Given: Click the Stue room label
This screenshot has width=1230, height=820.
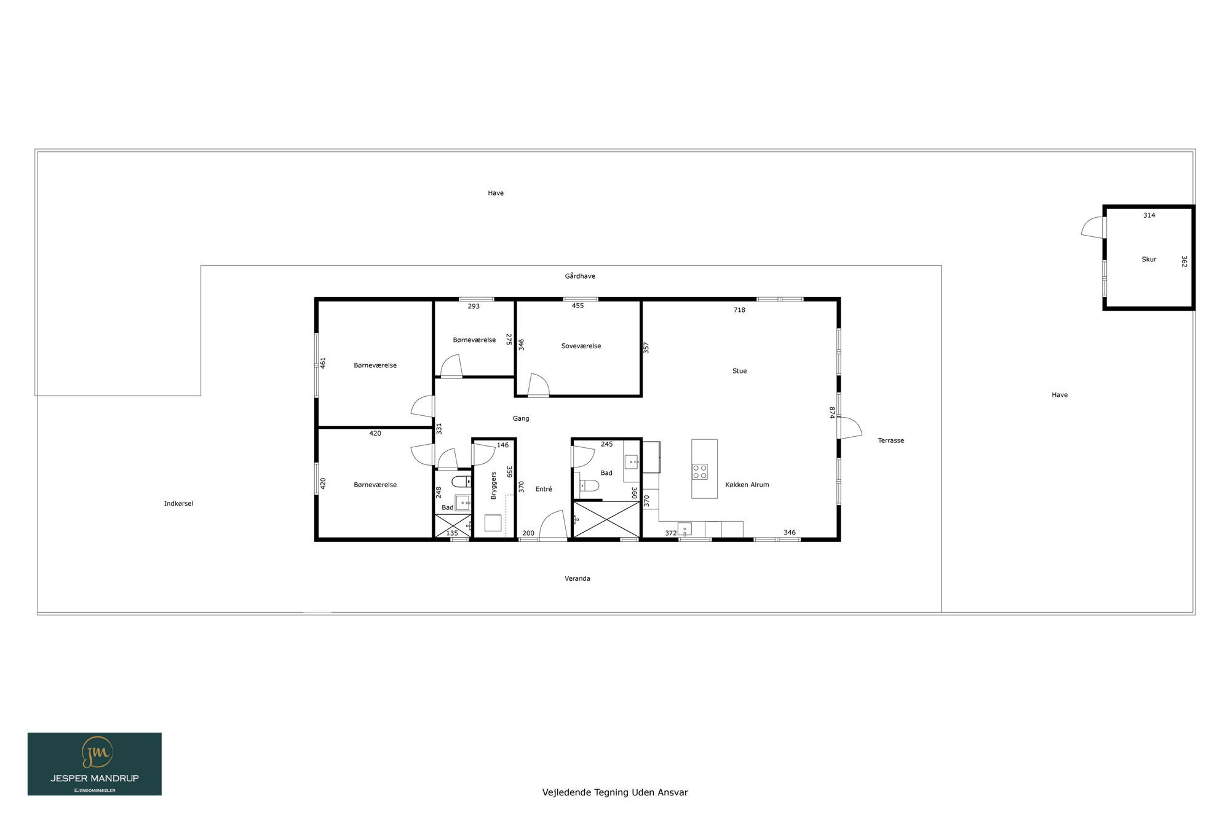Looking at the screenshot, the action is [739, 371].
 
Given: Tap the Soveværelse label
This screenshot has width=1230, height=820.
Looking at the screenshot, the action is [581, 346].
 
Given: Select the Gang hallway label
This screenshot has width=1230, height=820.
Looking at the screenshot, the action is [521, 419].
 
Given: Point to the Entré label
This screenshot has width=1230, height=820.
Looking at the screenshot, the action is [544, 489].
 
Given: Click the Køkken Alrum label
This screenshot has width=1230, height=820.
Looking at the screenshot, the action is [747, 485].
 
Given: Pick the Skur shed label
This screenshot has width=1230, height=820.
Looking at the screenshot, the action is [1149, 260].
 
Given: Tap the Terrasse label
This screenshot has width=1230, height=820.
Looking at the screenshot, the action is [891, 440].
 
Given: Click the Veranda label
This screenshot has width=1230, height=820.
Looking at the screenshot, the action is [577, 578].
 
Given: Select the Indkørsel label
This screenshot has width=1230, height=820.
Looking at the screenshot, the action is [178, 504].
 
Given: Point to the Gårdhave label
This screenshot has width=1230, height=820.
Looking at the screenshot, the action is [580, 276].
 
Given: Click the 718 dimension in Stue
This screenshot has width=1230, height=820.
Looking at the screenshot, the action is [739, 310].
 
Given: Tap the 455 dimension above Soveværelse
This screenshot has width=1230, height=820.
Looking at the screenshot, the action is [577, 306].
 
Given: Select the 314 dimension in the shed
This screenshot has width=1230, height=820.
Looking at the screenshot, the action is [1149, 215].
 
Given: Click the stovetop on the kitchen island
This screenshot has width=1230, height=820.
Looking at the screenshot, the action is [700, 472].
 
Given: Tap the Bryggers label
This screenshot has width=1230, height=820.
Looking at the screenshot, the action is [493, 485].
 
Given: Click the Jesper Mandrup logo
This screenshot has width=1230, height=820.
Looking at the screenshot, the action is [95, 764].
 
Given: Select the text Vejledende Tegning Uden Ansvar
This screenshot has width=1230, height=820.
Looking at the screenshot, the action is [615, 792].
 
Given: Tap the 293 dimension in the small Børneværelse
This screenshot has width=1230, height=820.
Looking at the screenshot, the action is [474, 306].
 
